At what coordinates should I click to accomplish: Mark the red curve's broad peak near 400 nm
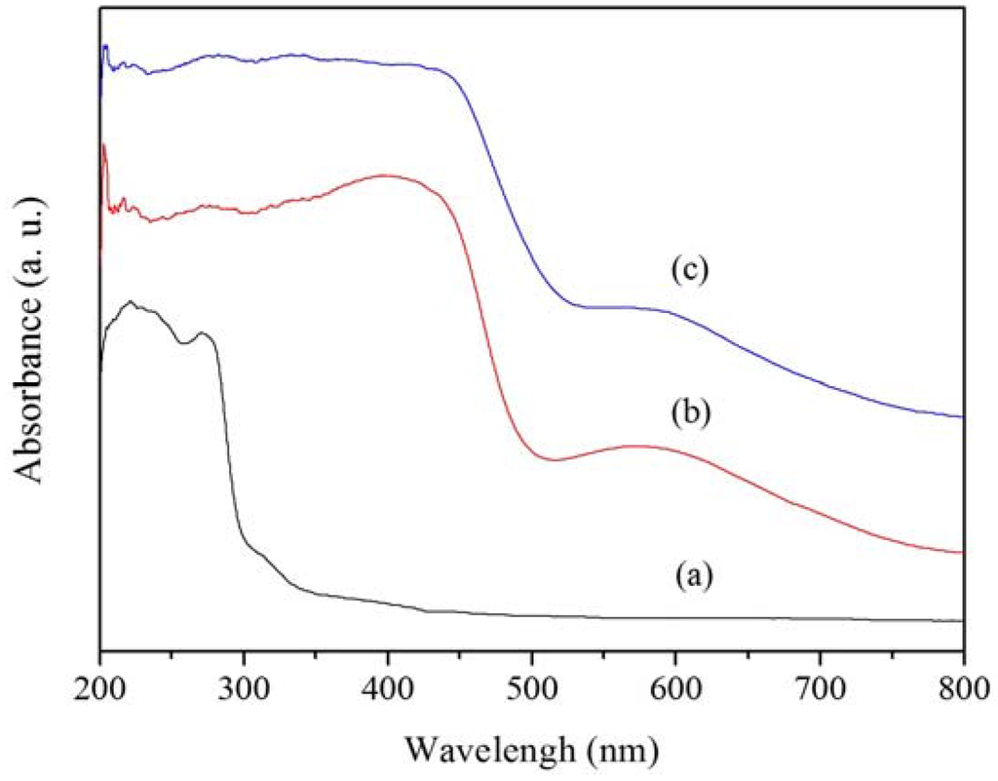tap(386, 176)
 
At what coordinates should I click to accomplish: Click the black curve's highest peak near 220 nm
tap(129, 302)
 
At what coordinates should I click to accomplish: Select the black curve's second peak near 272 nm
tap(204, 333)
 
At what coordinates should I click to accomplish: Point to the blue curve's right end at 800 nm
tap(962, 416)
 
